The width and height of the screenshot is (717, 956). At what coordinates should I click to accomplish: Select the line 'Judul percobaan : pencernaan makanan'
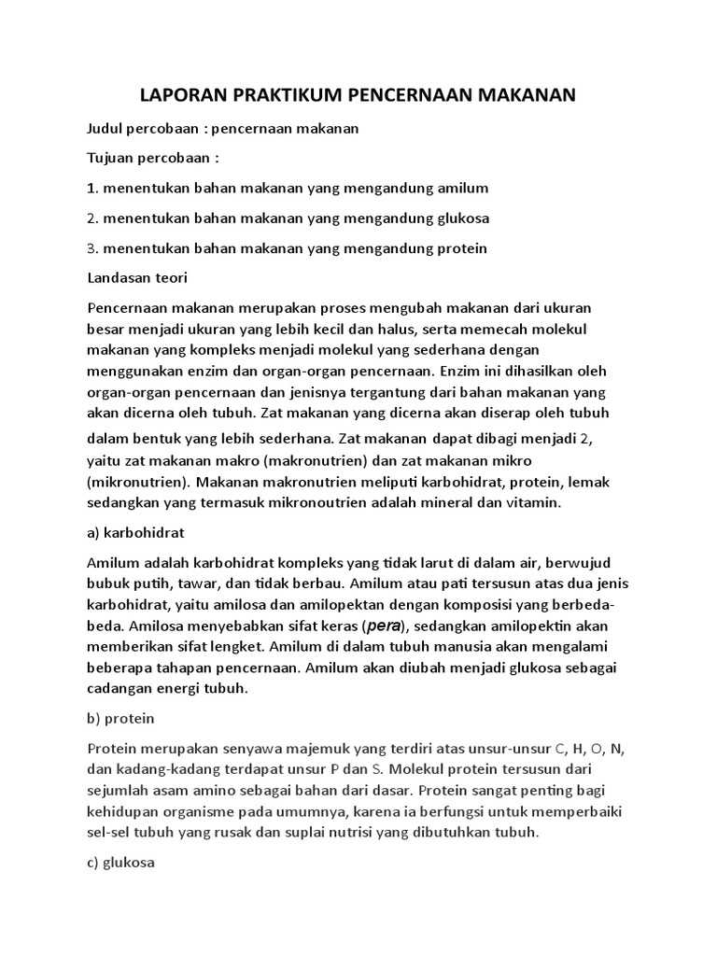coord(222,128)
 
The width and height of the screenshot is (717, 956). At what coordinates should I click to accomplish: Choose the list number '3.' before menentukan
coord(92,248)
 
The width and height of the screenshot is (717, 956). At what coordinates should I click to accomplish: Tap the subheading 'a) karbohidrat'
coord(135,532)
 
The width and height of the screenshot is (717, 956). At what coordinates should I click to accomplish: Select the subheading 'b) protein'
coord(120,719)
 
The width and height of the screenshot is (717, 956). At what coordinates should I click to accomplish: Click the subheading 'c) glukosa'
coord(120,863)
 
